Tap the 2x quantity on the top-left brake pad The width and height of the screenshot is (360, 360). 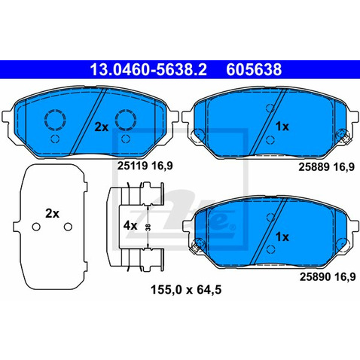(x=102, y=127)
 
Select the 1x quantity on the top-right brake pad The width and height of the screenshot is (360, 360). (x=282, y=127)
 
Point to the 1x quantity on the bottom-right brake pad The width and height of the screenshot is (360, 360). (x=282, y=236)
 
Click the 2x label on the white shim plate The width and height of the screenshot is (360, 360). (x=52, y=214)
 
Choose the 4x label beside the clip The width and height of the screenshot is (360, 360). (x=130, y=225)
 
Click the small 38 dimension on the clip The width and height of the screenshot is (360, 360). (x=149, y=226)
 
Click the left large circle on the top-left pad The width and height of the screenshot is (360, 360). (x=55, y=121)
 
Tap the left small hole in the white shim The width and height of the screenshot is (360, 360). (x=35, y=227)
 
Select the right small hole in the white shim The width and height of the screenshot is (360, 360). (x=68, y=227)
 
